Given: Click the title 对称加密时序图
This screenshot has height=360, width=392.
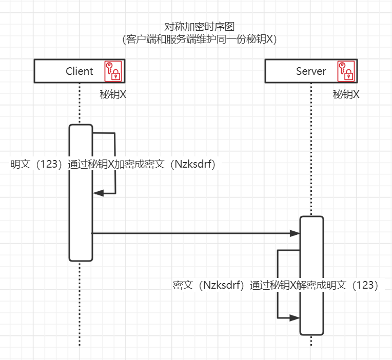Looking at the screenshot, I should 200,27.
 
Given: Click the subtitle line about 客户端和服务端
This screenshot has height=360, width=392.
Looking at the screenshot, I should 200,39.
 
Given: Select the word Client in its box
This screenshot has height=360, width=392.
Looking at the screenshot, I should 80,71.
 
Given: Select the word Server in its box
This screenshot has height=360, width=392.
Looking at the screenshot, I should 311,71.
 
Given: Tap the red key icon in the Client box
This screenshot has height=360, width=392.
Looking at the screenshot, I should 114,71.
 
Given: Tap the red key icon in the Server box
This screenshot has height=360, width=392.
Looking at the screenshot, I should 345,71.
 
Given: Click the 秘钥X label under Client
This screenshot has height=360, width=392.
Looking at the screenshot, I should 113,95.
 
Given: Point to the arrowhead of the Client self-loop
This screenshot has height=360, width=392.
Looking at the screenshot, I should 98,193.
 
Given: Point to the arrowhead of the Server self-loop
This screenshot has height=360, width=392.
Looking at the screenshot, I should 295,318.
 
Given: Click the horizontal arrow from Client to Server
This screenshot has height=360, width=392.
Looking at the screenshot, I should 195,233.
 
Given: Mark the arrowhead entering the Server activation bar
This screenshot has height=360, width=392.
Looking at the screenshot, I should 296,233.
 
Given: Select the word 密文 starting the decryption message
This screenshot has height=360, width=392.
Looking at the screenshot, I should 183,286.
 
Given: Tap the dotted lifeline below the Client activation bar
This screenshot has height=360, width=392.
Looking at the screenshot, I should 80,303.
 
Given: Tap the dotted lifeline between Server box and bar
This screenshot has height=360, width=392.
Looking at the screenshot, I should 311,149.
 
